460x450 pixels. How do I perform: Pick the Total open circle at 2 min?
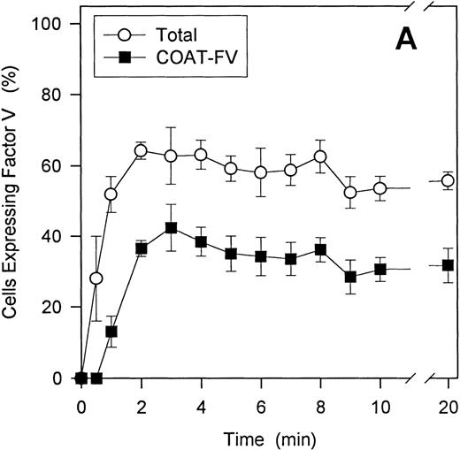coord(140,150)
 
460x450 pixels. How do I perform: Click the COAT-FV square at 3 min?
coord(171,227)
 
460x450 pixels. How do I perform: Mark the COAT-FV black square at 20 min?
coord(448,265)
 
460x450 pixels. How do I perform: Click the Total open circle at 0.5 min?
coord(96,278)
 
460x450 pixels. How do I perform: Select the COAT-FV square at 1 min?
coord(111,332)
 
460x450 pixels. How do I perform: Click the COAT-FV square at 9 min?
coord(350,277)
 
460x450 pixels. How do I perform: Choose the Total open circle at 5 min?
coord(231,168)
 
